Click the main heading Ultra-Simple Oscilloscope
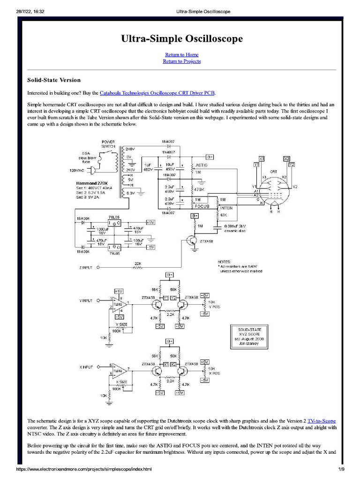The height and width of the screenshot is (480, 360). (x=182, y=39)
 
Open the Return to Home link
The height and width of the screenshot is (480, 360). (x=182, y=55)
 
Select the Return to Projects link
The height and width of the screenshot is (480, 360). (x=182, y=61)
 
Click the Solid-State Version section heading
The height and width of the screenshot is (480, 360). (x=53, y=80)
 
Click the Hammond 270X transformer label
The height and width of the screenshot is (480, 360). (x=89, y=182)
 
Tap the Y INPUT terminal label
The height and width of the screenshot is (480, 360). (x=85, y=300)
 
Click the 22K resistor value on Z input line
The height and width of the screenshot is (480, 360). (x=138, y=264)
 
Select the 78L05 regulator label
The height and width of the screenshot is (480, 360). (x=114, y=217)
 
